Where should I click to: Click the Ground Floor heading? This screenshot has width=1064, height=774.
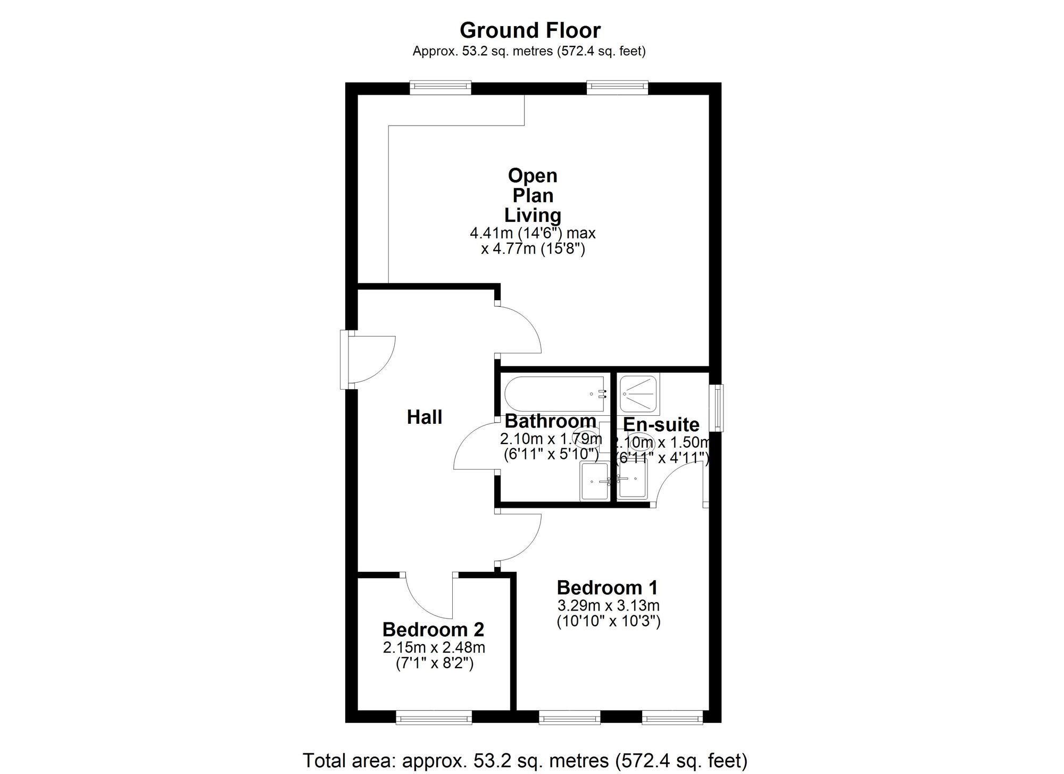(530, 30)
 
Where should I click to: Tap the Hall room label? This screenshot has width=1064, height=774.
(425, 417)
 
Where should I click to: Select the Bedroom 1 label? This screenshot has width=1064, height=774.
(607, 588)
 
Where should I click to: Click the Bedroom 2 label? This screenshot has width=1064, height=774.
(433, 629)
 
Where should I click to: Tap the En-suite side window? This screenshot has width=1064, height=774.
(719, 408)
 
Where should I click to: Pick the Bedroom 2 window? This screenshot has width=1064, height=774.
(434, 718)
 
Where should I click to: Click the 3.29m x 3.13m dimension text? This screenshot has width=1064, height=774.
(608, 605)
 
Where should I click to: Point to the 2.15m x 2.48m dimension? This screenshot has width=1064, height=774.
(434, 647)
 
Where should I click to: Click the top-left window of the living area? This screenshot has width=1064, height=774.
(440, 87)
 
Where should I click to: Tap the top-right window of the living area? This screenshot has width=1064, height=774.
(617, 87)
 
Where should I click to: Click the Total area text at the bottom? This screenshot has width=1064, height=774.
(525, 761)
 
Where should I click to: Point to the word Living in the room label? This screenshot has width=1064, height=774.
(533, 215)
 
